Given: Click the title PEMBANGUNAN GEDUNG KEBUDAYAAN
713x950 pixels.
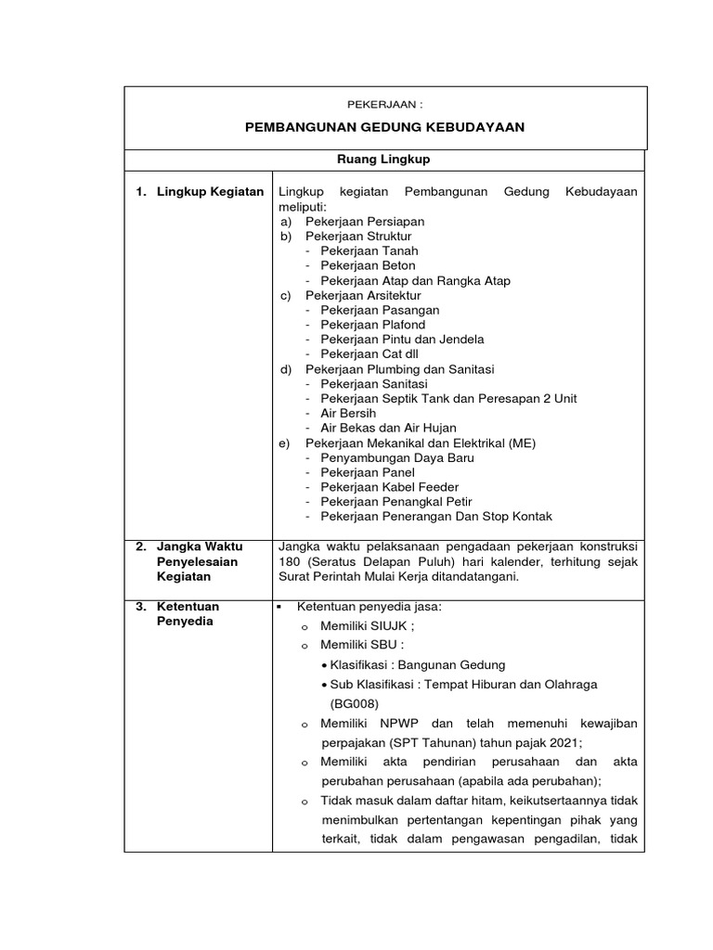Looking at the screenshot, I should point(385,127).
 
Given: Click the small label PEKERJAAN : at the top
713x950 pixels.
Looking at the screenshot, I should point(385,104).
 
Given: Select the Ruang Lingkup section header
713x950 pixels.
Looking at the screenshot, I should point(385,160).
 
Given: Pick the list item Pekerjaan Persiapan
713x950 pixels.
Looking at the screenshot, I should point(365,222).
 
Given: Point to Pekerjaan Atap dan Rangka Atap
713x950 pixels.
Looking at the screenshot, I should point(415,280).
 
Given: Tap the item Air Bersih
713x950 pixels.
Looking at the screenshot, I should point(348,413).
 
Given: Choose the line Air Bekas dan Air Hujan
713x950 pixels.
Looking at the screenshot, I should point(388,428).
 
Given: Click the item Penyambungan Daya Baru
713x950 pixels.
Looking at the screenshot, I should point(397,457).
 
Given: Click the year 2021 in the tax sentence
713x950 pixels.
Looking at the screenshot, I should point(564,742).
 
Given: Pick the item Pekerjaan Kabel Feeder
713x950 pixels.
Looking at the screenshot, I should point(389,487).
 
